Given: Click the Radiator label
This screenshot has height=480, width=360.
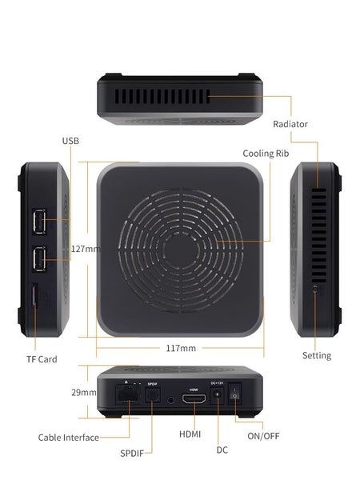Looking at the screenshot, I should [x=290, y=124].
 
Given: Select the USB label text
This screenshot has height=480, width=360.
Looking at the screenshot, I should [x=70, y=141].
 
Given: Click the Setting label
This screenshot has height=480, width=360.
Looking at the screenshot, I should [x=316, y=355].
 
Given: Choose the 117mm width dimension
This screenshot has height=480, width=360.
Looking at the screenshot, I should [x=182, y=348].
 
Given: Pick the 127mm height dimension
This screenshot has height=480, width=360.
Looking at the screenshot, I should [x=85, y=249].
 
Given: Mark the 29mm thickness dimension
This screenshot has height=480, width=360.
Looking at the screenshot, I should [x=83, y=393].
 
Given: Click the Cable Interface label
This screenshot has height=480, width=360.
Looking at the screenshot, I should [x=69, y=438].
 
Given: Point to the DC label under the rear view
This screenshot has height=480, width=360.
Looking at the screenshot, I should [x=222, y=450].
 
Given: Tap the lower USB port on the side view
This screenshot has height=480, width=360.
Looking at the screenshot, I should [x=38, y=258].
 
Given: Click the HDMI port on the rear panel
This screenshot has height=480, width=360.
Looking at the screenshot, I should [x=193, y=402].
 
